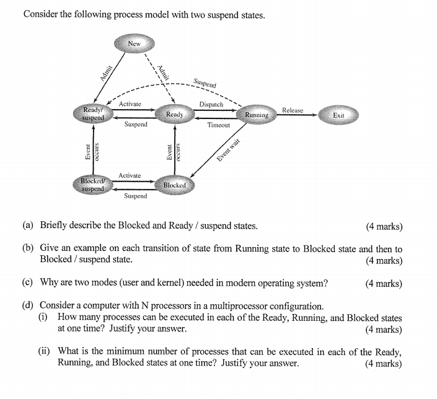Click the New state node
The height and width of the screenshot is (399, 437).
coord(134,43)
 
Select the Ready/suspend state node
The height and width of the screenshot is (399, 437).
coord(94,114)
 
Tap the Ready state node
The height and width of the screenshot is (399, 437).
coord(174,115)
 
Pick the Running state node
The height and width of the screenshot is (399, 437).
coord(256,115)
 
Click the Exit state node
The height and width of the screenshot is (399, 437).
coord(338,115)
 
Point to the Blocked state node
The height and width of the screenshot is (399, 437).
coord(174,185)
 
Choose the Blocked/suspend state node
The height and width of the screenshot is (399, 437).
coord(92,185)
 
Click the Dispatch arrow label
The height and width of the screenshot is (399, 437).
coord(211,105)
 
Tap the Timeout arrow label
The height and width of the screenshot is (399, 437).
coord(218,125)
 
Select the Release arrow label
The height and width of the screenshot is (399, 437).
coord(293,110)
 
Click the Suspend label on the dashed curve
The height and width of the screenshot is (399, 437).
coord(205,82)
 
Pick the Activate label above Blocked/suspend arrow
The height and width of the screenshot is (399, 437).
coord(130,176)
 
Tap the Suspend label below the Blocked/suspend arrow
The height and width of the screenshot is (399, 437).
coord(135,196)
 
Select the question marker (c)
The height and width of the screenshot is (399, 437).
coord(28,283)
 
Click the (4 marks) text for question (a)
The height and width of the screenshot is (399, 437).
coord(383,226)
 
